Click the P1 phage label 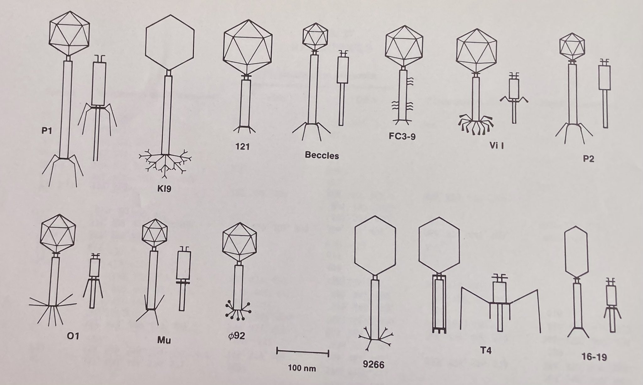tap(46, 131)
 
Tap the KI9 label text tap(164, 189)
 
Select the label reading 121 tap(243, 146)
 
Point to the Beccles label tap(322, 156)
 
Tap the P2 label tap(588, 159)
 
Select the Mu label tap(164, 340)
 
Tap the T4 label tap(486, 350)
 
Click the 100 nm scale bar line tap(302, 352)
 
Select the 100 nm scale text tap(302, 367)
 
